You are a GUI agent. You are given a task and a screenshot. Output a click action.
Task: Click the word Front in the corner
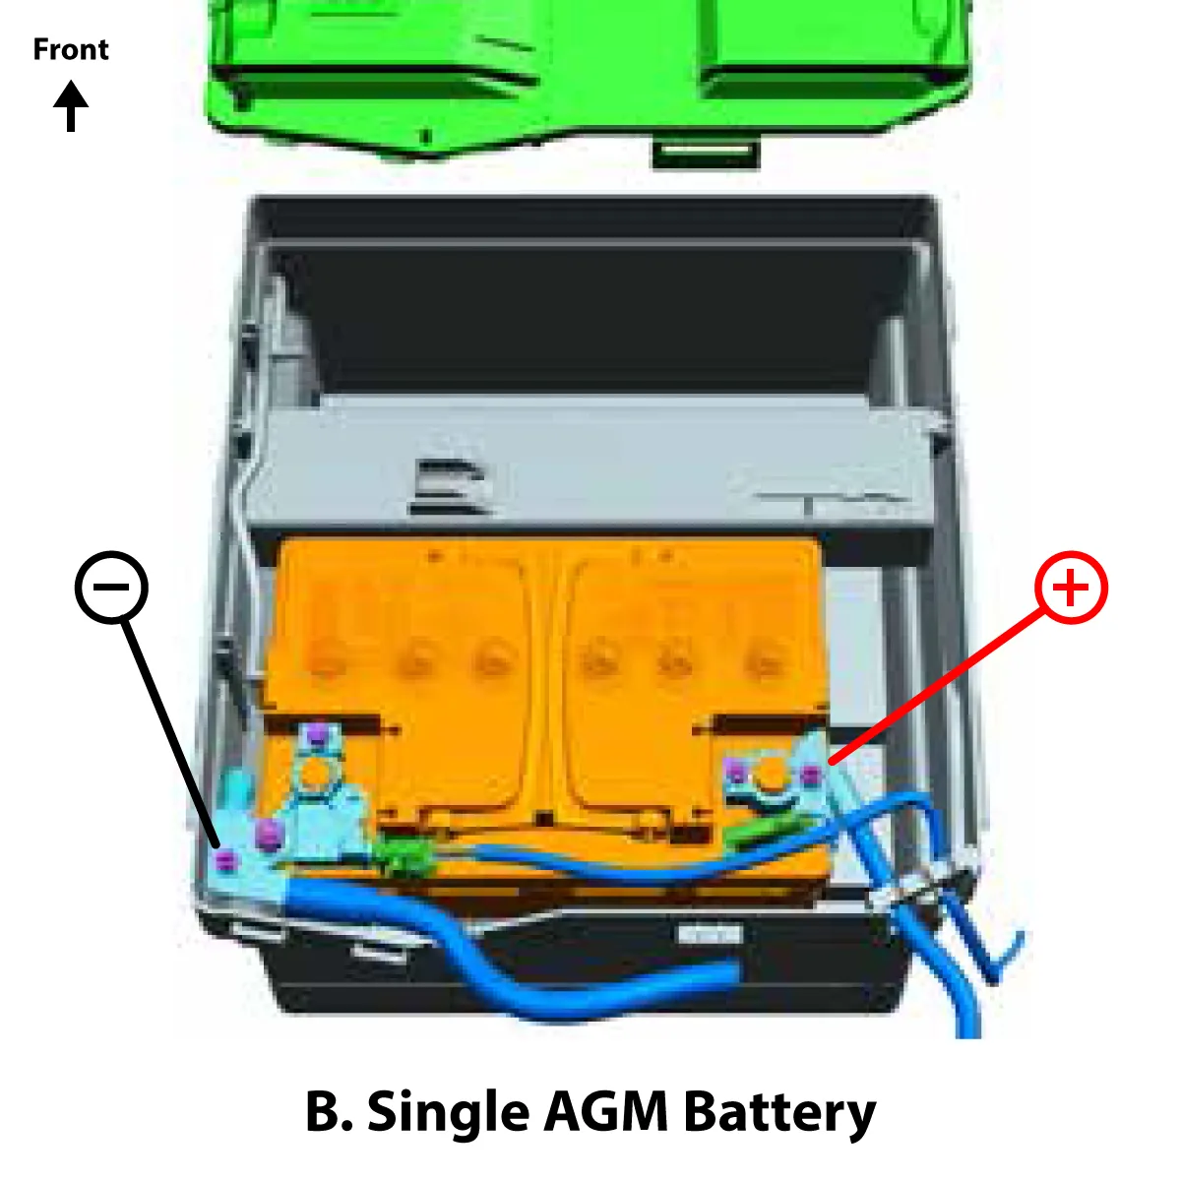pos(71,49)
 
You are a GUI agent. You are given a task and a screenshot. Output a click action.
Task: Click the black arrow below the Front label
pos(71,106)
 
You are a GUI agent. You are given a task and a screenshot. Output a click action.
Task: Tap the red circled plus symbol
pos(1071,588)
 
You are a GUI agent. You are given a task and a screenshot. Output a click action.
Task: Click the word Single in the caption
pos(447,1112)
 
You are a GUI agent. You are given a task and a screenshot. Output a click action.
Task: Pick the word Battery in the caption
pos(779,1112)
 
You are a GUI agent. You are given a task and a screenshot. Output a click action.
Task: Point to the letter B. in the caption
pos(329,1112)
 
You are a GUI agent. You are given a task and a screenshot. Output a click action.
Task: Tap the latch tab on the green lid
pos(706,153)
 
